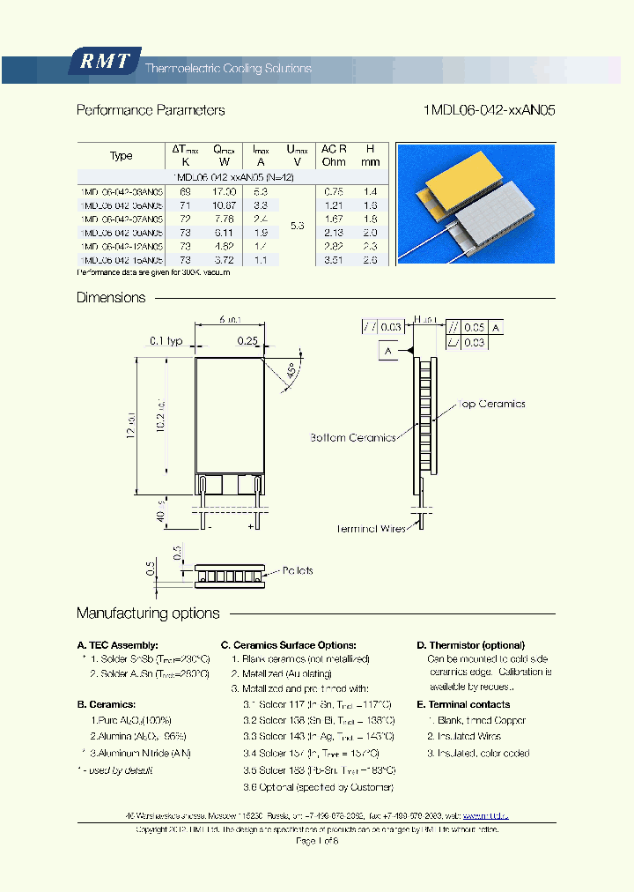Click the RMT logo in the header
tap(105, 61)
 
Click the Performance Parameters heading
tap(151, 110)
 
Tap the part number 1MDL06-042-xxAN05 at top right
tap(490, 110)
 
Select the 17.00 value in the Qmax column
tap(225, 190)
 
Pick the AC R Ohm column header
tap(334, 155)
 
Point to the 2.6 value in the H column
tap(371, 260)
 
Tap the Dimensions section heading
tap(111, 298)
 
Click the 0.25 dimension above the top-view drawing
tap(247, 340)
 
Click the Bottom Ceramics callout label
tap(352, 437)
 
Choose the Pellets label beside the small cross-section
tap(298, 570)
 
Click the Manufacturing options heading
tap(148, 613)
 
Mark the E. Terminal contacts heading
tap(463, 704)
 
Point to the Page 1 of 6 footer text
tap(316, 841)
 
